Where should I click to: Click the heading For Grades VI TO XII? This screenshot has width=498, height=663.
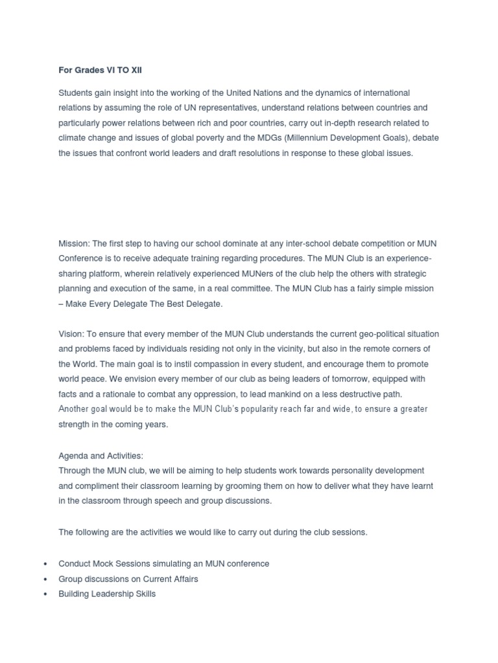click(x=100, y=70)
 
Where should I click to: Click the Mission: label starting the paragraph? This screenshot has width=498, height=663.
click(x=74, y=243)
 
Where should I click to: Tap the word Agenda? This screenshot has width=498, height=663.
click(x=73, y=455)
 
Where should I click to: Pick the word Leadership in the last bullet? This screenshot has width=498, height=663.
click(x=114, y=594)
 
